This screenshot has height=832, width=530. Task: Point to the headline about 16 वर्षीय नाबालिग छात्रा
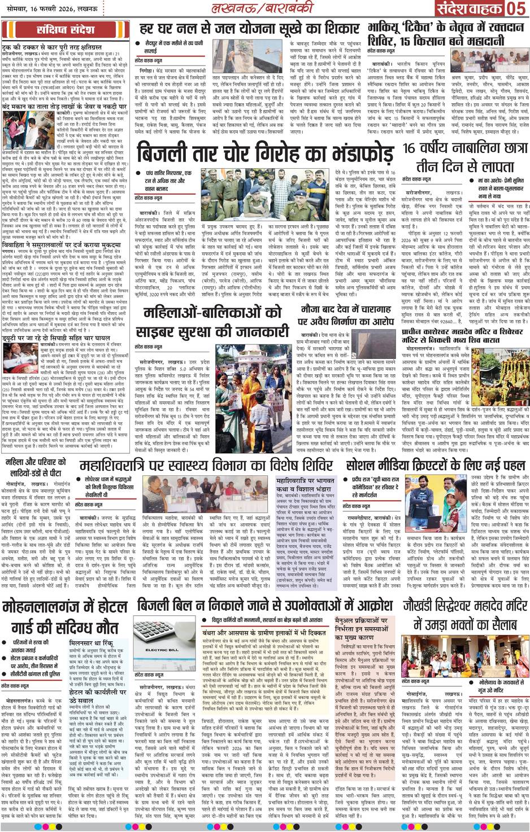coord(458,157)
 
